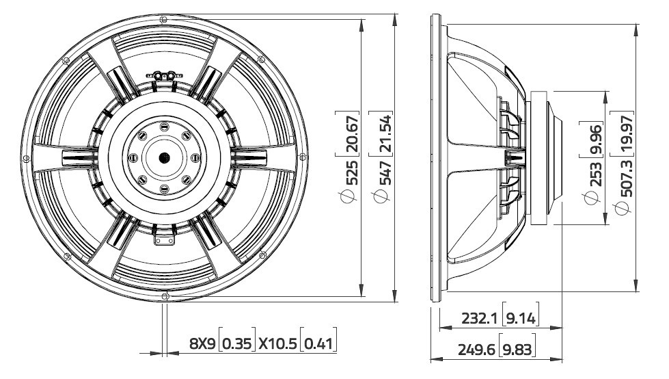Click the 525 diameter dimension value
coord(351,175)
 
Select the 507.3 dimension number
coord(625,180)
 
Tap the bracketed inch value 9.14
coord(521,318)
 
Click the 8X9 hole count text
coord(202,343)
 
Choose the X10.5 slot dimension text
coord(277,343)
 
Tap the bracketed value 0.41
coord(318,343)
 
